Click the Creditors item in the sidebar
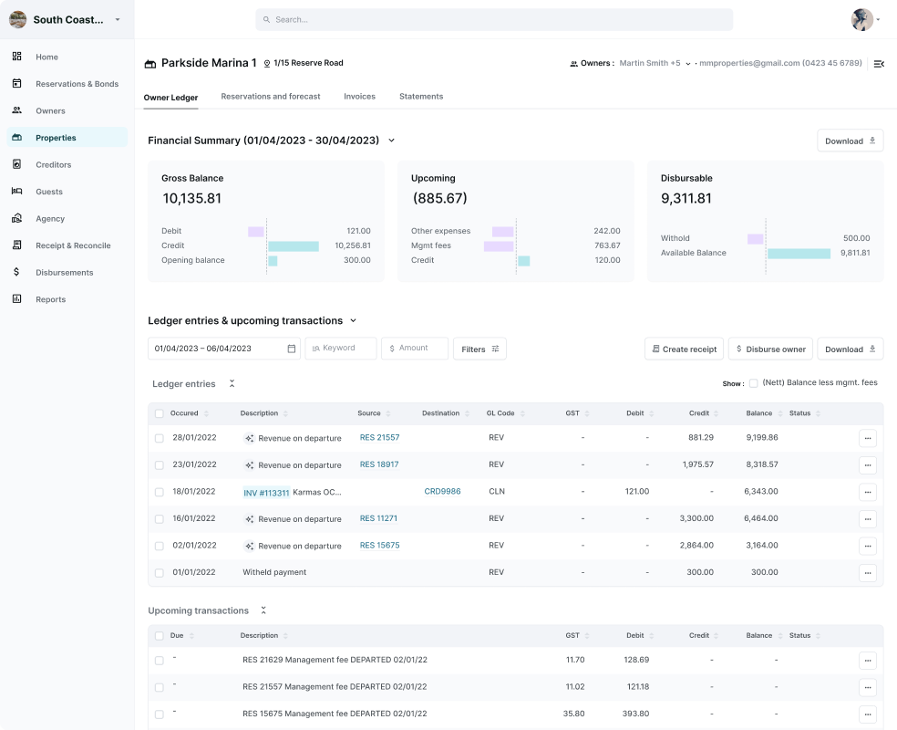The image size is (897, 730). coord(53,165)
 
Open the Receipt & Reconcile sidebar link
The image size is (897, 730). coord(73,245)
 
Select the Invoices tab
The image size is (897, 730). coord(359,97)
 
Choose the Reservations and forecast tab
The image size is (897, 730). coord(270,97)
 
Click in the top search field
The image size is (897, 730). coord(494,20)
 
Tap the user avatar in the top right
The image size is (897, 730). coord(861,20)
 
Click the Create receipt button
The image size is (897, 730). coord(684,349)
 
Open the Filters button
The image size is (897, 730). coord(479,349)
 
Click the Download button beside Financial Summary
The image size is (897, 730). coord(850,141)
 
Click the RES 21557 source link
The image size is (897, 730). coord(379,438)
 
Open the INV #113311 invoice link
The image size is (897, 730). coord(266,493)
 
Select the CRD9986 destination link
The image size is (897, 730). coord(442,492)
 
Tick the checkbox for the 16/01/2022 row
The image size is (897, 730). coord(160,519)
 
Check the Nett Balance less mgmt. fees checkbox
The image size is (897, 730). coord(753,383)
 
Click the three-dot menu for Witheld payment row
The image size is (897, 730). coord(867,573)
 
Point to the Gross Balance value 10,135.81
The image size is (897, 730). coord(192,198)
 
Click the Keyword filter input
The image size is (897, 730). coord(341,349)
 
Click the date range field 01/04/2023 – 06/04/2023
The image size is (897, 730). coord(223,349)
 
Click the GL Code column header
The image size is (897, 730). coord(500,413)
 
